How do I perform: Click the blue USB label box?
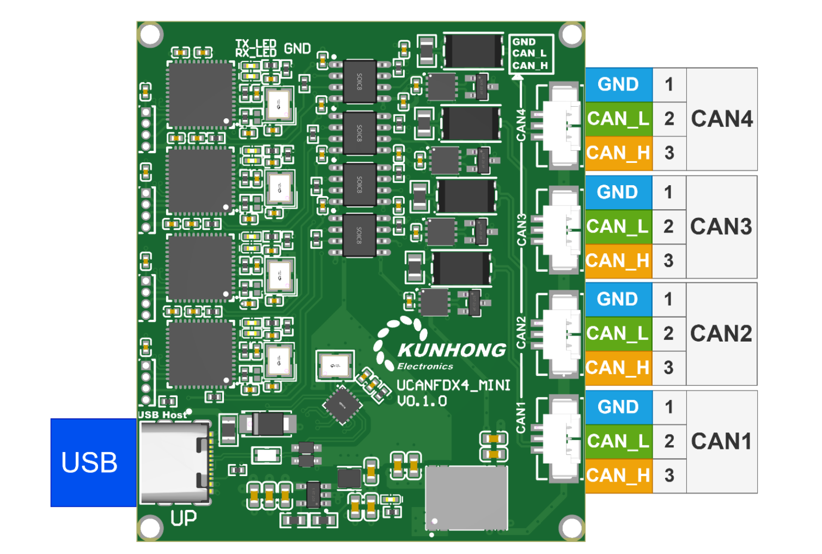94,462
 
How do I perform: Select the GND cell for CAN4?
619,85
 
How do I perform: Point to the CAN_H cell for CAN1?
618,476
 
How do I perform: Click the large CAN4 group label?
722,119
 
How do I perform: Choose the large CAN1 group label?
722,441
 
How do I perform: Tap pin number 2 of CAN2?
668,334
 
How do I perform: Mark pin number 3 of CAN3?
668,261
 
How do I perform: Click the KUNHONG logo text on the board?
452,350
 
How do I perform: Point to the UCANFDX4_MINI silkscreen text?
454,385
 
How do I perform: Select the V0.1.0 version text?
422,401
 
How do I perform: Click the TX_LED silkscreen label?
256,43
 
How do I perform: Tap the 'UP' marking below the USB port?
184,518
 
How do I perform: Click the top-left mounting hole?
150,35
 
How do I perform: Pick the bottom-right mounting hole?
571,528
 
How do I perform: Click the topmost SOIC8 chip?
360,82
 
